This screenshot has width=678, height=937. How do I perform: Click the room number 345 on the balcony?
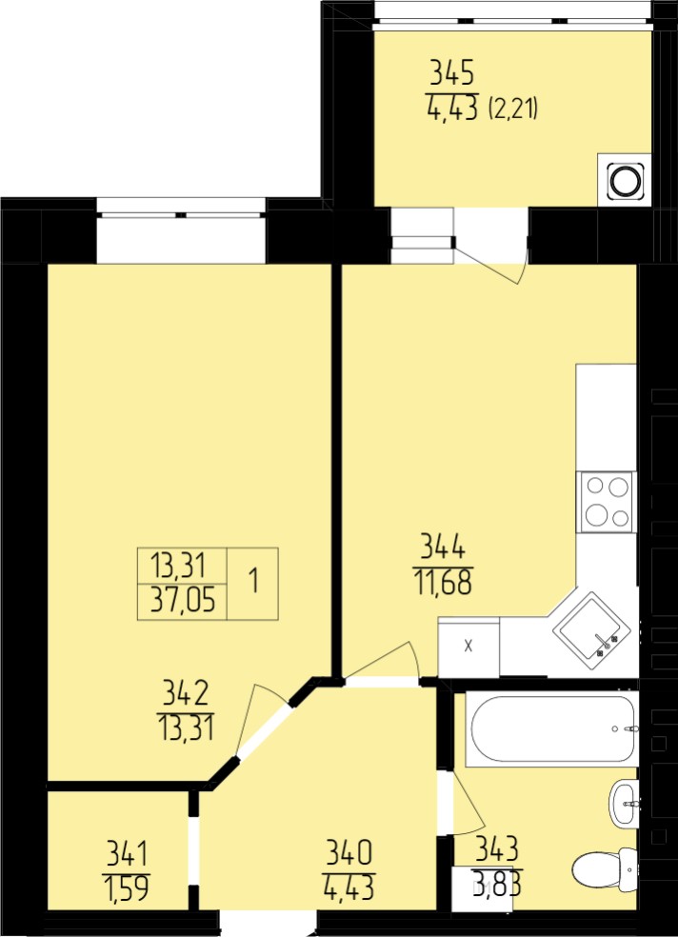click(452, 74)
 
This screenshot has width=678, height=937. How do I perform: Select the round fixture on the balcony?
click(626, 179)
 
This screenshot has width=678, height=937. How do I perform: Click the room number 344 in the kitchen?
click(443, 547)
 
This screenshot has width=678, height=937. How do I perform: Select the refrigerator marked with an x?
click(469, 648)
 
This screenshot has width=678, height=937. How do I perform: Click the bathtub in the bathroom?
click(551, 729)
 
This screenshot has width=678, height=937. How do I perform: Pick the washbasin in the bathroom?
click(623, 805)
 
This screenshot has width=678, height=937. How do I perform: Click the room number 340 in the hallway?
click(349, 851)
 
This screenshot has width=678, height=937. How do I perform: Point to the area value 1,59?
click(128, 887)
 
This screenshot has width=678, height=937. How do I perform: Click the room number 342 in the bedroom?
click(185, 693)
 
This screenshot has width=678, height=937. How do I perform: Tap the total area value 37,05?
click(182, 601)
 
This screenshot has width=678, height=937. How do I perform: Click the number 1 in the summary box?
click(253, 581)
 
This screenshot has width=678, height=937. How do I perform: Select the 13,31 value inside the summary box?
click(178, 565)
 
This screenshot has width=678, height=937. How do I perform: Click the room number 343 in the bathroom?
click(497, 848)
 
